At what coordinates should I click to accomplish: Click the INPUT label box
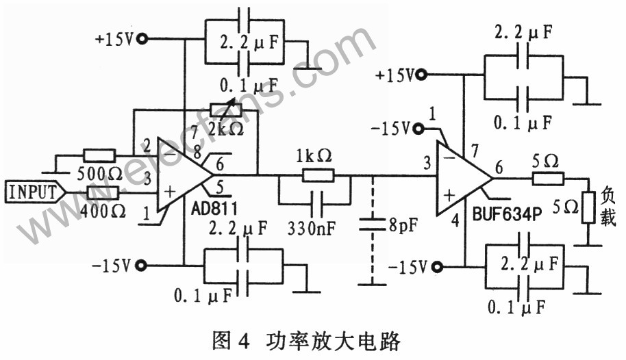point(33,192)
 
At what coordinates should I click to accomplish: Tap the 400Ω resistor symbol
point(94,192)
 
